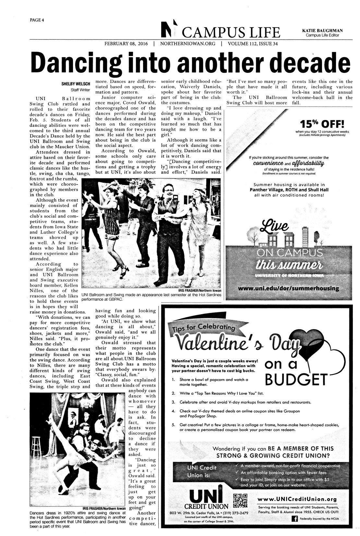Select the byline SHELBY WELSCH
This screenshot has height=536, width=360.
[76, 84]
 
